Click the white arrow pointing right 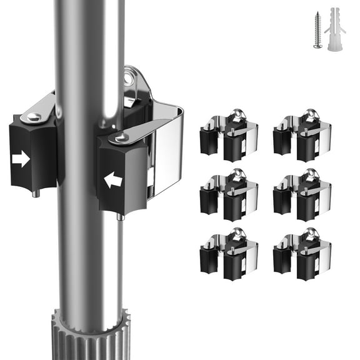21,159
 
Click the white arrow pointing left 113,181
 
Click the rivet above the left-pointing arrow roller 120,136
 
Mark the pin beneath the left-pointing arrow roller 119,217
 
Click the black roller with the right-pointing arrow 31,153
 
